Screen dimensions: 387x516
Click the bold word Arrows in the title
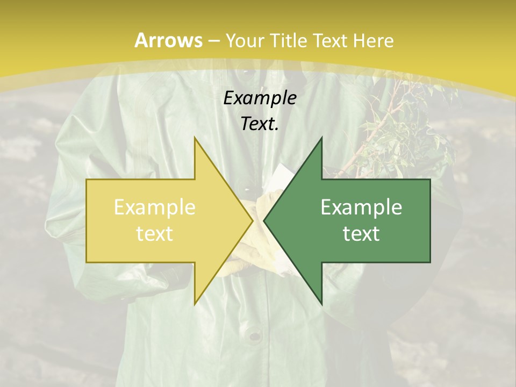coord(169,40)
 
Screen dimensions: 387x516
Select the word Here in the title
coord(374,41)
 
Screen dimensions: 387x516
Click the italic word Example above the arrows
coord(260,98)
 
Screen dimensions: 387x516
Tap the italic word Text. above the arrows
coord(260,124)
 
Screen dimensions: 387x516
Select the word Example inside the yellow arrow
coord(154,207)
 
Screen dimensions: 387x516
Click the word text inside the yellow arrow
coord(154,234)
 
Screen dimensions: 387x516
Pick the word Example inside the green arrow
coord(361,207)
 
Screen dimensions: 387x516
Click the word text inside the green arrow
coord(361,234)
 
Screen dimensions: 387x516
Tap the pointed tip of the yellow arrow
coord(252,220)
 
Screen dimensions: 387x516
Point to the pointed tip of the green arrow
coord(265,220)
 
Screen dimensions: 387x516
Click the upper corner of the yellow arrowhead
coord(195,139)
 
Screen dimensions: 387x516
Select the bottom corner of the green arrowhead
coord(321,303)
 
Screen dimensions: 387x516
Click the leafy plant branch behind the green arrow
coord(408,129)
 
